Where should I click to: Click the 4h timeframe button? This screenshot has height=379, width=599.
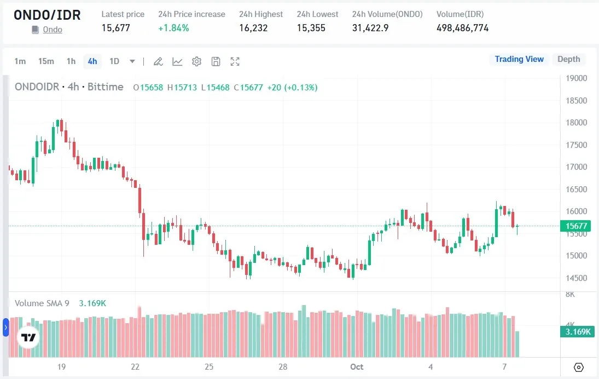(92, 61)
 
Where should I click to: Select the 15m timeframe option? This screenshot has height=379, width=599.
(46, 61)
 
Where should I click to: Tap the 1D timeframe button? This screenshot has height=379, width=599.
(114, 61)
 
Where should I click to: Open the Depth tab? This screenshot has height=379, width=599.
(568, 59)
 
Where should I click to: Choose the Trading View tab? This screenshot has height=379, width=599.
(519, 59)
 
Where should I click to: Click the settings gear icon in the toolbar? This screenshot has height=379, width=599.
(196, 61)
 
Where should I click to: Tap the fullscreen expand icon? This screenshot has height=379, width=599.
(235, 61)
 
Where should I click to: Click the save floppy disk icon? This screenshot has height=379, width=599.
(216, 61)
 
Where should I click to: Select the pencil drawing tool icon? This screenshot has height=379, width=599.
(158, 61)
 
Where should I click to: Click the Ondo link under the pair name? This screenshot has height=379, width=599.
(53, 30)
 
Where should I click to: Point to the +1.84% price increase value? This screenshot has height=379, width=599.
(173, 28)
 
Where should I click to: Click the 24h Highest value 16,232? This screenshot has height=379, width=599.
(253, 28)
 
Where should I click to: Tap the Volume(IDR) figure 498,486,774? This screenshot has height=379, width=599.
(462, 28)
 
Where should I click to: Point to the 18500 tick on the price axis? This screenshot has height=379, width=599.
(576, 101)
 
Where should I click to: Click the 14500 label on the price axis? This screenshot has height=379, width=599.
(576, 278)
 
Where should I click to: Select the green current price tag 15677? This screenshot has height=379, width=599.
(576, 226)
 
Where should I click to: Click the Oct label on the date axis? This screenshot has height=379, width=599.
(357, 366)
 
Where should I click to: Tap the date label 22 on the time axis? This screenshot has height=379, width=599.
(135, 366)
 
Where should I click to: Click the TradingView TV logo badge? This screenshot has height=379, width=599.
(28, 337)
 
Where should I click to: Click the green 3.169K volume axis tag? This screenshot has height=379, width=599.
(577, 332)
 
